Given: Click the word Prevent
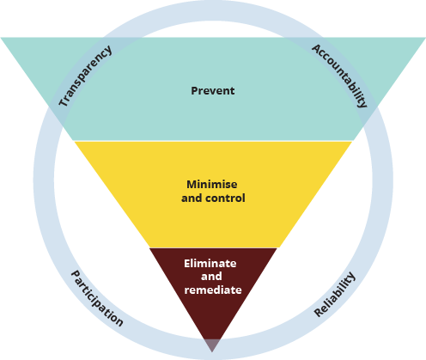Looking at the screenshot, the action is pyautogui.click(x=213, y=91).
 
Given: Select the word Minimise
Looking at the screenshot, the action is pyautogui.click(x=212, y=184).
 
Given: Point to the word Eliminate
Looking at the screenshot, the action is pyautogui.click(x=210, y=263).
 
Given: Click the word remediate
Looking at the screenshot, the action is pyautogui.click(x=213, y=290).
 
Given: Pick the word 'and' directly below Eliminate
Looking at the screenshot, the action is pyautogui.click(x=211, y=277).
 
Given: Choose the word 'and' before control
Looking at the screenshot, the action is pyautogui.click(x=192, y=198).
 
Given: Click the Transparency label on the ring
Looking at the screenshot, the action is pyautogui.click(x=85, y=76).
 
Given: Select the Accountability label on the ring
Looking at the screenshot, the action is pyautogui.click(x=339, y=76).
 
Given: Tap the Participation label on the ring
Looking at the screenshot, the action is pyautogui.click(x=97, y=298).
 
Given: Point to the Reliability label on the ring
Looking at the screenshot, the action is pyautogui.click(x=335, y=295).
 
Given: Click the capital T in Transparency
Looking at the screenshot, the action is pyautogui.click(x=64, y=101).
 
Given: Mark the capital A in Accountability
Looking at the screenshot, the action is pyautogui.click(x=317, y=49).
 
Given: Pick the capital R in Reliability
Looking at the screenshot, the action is pyautogui.click(x=319, y=312).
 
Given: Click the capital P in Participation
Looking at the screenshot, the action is pyautogui.click(x=76, y=275).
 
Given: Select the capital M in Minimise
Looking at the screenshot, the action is pyautogui.click(x=192, y=184).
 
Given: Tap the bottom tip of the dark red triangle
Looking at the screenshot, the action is pyautogui.click(x=212, y=352).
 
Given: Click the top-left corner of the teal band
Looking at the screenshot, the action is pyautogui.click(x=1, y=38).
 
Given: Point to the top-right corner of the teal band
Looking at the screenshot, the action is pyautogui.click(x=425, y=38).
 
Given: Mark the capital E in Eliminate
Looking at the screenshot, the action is pyautogui.click(x=187, y=264).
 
